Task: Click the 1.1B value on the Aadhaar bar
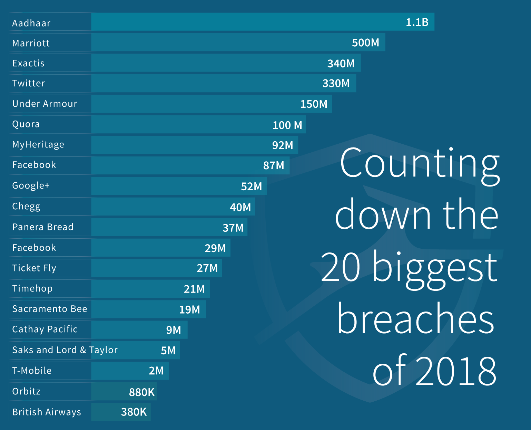[417, 22]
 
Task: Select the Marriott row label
[31, 43]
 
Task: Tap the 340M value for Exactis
[341, 64]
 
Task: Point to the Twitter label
[29, 83]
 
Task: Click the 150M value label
[314, 104]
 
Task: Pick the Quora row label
[26, 124]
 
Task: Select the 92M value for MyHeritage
[283, 145]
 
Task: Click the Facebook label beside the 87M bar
[34, 165]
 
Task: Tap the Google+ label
[31, 185]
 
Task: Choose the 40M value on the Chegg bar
[240, 207]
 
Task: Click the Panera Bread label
[43, 227]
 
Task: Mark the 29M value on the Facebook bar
[215, 248]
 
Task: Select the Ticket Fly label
[34, 268]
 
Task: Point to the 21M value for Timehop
[194, 289]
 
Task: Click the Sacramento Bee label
[50, 309]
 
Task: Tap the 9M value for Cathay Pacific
[174, 330]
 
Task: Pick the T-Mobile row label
[32, 371]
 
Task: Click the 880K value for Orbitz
[142, 392]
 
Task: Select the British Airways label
[47, 412]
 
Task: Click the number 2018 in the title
[456, 371]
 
